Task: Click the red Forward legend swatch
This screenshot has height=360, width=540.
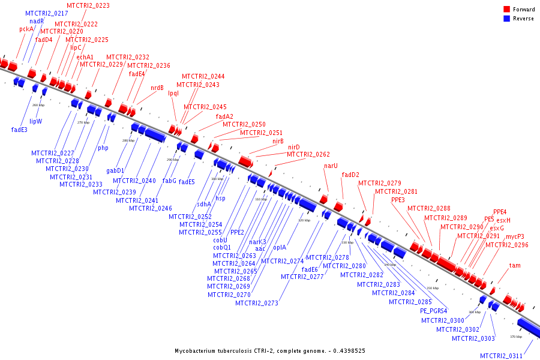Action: [x=507, y=9]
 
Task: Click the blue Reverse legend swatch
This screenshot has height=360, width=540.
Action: [x=507, y=18]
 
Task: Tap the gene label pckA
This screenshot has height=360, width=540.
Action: [x=26, y=29]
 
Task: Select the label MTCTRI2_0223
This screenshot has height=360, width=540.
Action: [x=88, y=5]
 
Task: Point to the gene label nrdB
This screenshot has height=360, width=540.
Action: [x=157, y=88]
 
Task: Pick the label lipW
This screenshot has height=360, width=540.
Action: [x=36, y=121]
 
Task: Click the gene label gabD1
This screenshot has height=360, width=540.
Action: [x=115, y=171]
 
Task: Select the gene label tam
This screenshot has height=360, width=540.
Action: [x=515, y=265]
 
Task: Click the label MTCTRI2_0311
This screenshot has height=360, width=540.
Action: [x=501, y=356]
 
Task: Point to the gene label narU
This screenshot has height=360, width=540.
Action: [x=331, y=166]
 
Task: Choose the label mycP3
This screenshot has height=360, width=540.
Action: [x=515, y=236]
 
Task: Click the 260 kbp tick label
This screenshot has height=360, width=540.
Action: [x=38, y=105]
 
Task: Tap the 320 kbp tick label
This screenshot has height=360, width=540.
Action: [x=304, y=220]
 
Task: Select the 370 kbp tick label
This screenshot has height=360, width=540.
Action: [x=516, y=337]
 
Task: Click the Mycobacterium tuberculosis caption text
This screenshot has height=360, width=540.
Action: [x=270, y=350]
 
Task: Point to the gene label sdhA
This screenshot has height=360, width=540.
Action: [x=204, y=204]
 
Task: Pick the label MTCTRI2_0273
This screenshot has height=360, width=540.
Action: [x=257, y=303]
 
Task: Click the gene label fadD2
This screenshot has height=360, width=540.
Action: [x=350, y=175]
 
